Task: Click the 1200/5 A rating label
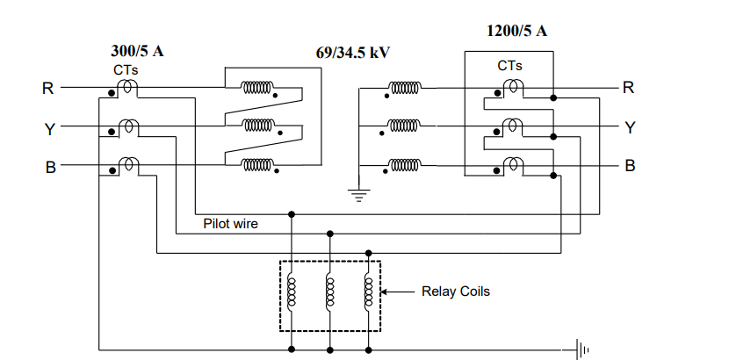516,32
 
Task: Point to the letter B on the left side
50,167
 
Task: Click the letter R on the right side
628,87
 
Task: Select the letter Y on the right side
629,126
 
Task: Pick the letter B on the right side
630,165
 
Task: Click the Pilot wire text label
230,224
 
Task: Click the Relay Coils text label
455,292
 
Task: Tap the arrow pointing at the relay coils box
397,292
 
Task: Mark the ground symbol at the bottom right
581,349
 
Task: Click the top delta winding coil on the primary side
258,88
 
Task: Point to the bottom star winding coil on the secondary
405,165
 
